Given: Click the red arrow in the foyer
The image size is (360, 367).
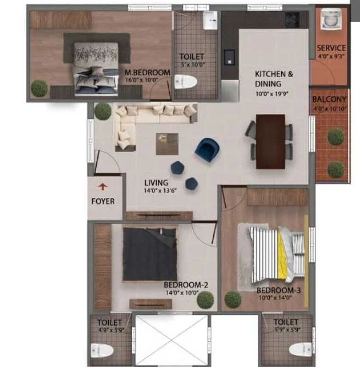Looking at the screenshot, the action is pyautogui.click(x=103, y=187).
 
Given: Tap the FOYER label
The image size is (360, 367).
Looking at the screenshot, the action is pyautogui.click(x=103, y=201).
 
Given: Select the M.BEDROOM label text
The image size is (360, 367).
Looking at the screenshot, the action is pyautogui.click(x=147, y=73).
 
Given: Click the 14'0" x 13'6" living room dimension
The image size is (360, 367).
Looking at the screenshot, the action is pyautogui.click(x=160, y=190).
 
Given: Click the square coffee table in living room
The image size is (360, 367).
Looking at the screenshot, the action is pyautogui.click(x=167, y=144).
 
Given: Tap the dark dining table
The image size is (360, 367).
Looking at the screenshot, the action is pyautogui.click(x=270, y=141).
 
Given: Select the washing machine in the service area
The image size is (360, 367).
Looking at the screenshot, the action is pyautogui.click(x=331, y=19).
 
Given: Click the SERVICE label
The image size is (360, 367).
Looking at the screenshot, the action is pyautogui.click(x=331, y=48).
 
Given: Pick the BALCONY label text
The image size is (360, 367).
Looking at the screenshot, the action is pyautogui.click(x=329, y=99).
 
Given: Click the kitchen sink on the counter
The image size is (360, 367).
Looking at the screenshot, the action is pyautogui.click(x=230, y=57).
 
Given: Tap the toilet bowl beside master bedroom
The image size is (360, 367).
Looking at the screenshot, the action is pyautogui.click(x=186, y=81).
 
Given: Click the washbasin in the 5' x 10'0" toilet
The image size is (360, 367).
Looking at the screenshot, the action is pyautogui.click(x=210, y=20).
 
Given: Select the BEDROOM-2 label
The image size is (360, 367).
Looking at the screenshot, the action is pyautogui.click(x=186, y=285).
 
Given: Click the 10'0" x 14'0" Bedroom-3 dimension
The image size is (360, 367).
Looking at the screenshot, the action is pyautogui.click(x=275, y=298).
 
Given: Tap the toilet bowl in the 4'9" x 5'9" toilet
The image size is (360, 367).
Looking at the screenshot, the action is pyautogui.click(x=102, y=350).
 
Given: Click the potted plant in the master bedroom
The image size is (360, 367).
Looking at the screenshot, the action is pyautogui.click(x=40, y=89).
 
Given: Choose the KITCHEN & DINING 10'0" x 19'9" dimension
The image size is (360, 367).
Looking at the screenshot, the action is pyautogui.click(x=272, y=94).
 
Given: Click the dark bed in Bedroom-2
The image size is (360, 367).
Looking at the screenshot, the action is pyautogui.click(x=150, y=254).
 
